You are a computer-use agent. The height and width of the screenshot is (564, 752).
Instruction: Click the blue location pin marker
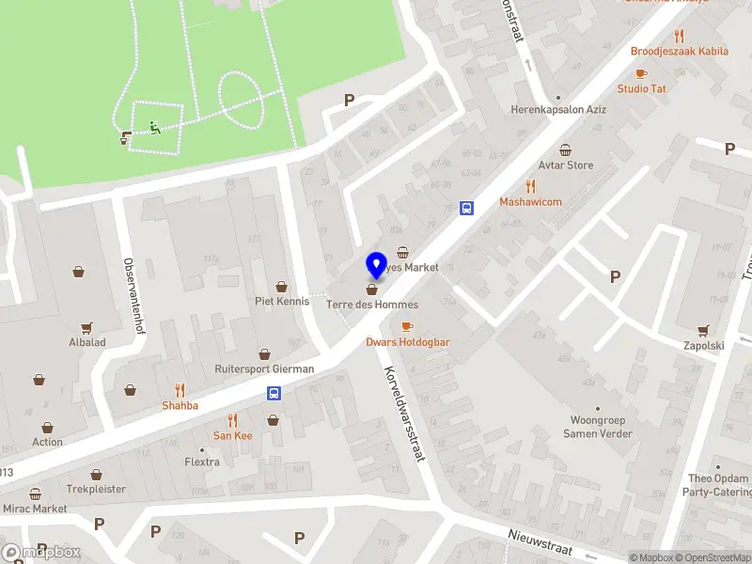point(376,265)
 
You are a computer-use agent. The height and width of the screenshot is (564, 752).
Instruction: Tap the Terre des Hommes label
point(372,305)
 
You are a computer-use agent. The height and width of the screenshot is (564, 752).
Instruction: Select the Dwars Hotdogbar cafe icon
point(407,326)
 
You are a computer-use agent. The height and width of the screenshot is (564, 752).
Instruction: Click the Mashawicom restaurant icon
point(530,186)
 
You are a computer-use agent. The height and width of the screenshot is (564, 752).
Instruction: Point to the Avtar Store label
point(565,165)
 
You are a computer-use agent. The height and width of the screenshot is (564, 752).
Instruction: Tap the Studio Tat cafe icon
point(641,73)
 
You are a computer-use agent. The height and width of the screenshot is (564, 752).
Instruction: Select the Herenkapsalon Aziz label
point(557,109)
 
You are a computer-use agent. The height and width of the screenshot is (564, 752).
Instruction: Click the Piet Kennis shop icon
point(281,286)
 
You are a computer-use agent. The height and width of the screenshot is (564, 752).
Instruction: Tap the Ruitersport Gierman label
point(264,369)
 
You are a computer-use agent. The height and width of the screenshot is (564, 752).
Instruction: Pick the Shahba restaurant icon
point(180,389)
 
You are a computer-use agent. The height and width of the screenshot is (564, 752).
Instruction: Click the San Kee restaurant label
point(232,435)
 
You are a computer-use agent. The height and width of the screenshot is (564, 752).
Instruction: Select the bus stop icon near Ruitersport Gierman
point(274,393)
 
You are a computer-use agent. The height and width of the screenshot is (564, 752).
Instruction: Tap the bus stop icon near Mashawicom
point(465,208)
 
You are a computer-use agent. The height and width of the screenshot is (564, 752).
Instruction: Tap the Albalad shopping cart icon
point(86,327)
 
